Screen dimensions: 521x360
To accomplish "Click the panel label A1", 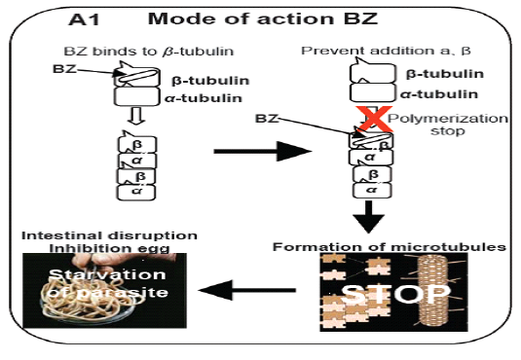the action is [x=84, y=18].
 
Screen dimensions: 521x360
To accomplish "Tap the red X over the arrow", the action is [x=374, y=119].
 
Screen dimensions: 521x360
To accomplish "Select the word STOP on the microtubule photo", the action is [x=395, y=293].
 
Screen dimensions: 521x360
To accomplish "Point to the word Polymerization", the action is [x=448, y=119].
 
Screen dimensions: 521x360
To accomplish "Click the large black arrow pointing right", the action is [x=263, y=152].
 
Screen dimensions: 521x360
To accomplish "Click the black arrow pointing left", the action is [x=247, y=290].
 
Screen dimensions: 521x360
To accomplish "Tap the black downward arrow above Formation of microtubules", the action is [x=369, y=217].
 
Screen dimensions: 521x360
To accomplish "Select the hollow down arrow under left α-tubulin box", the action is [x=137, y=116].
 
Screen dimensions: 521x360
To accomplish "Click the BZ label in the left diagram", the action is [x=64, y=69].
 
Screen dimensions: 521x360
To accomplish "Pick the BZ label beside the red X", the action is [x=267, y=119].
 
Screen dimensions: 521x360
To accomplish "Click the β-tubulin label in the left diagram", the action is [x=210, y=81].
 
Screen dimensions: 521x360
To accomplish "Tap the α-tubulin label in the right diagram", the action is [x=439, y=94].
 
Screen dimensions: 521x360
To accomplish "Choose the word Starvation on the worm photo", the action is [x=107, y=274].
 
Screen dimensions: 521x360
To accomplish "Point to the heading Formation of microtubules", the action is [x=390, y=247].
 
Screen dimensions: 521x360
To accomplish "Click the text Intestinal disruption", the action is [x=109, y=235].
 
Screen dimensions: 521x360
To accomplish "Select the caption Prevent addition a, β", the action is [x=386, y=51].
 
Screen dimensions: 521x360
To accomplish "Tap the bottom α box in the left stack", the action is [x=136, y=193].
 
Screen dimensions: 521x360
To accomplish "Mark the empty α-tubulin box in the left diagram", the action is [x=136, y=96].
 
